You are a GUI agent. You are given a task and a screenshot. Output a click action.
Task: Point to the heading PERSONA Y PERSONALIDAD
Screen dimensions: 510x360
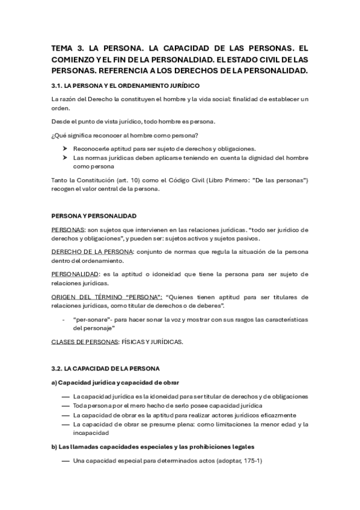[x=94, y=216]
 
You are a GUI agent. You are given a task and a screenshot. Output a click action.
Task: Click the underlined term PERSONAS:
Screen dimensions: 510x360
[x=69, y=230]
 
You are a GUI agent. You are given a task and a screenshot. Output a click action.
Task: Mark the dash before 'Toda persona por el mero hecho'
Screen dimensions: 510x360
[x=65, y=406]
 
